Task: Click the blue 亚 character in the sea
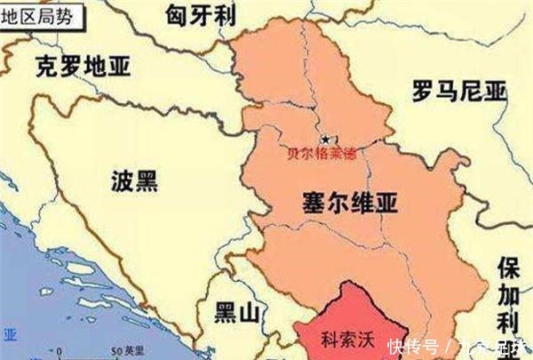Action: [10, 335]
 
